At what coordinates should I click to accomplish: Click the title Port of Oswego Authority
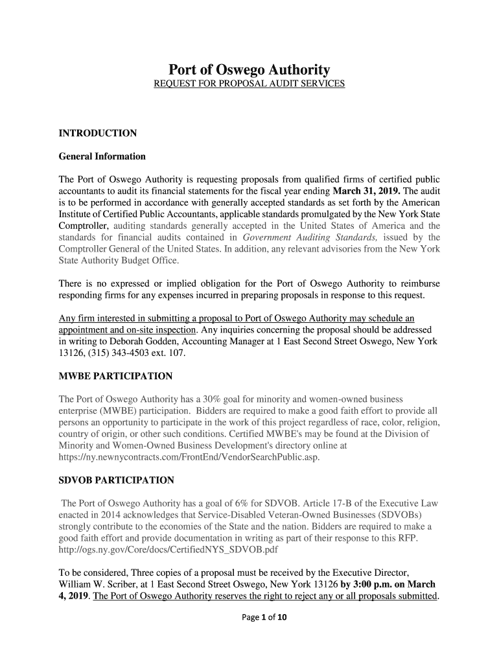pyautogui.click(x=250, y=69)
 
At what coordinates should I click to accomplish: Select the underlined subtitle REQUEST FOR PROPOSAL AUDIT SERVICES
pyautogui.click(x=250, y=84)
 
